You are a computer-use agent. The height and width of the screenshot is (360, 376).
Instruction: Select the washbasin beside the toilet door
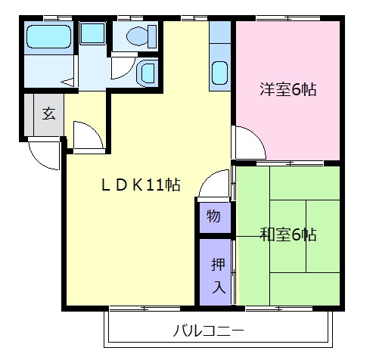[147, 73]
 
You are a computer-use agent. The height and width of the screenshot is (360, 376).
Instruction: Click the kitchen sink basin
[220, 73]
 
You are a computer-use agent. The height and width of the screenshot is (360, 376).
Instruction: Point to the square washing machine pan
[94, 33]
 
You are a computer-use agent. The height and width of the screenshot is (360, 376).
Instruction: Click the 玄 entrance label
[48, 114]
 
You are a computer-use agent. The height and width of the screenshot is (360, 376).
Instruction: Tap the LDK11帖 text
[141, 184]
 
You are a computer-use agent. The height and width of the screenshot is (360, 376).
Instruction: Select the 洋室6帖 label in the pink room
[287, 90]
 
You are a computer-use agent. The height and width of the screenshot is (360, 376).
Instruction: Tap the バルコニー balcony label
[208, 331]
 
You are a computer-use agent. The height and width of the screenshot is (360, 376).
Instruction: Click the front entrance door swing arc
[43, 154]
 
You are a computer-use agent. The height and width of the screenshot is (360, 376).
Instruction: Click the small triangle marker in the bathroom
[67, 81]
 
